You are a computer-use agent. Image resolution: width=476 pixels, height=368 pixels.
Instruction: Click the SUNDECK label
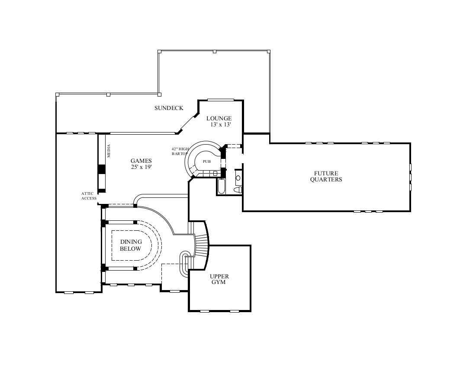169,108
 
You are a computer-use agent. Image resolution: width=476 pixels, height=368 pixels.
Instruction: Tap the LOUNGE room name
219,118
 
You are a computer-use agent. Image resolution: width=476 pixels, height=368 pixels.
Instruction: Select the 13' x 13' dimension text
221,125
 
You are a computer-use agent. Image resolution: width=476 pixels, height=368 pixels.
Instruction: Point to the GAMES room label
142,161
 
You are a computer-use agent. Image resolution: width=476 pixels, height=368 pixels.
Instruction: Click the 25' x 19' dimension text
142,167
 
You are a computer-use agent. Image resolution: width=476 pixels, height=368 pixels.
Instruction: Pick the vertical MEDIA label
109,151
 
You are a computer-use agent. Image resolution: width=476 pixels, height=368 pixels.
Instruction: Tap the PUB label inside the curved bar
206,162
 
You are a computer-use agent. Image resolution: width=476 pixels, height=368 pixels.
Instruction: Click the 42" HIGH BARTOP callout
180,151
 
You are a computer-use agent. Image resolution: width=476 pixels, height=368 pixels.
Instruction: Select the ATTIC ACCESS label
89,196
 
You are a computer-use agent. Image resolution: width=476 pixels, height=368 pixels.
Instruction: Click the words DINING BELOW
131,245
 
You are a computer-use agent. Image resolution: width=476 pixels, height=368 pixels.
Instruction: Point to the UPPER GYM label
219,279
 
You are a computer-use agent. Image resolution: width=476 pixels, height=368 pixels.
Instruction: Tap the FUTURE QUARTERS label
326,176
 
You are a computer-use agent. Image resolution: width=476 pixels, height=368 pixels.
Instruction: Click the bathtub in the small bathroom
221,187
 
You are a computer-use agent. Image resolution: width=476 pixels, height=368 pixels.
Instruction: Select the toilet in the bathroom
238,190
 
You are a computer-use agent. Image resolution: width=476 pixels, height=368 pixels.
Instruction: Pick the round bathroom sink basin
238,178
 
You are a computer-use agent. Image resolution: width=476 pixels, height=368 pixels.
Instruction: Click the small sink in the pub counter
215,173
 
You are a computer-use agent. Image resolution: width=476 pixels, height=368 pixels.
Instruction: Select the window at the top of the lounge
221,100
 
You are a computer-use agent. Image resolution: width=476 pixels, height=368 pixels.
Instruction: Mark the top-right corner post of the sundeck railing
269,51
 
